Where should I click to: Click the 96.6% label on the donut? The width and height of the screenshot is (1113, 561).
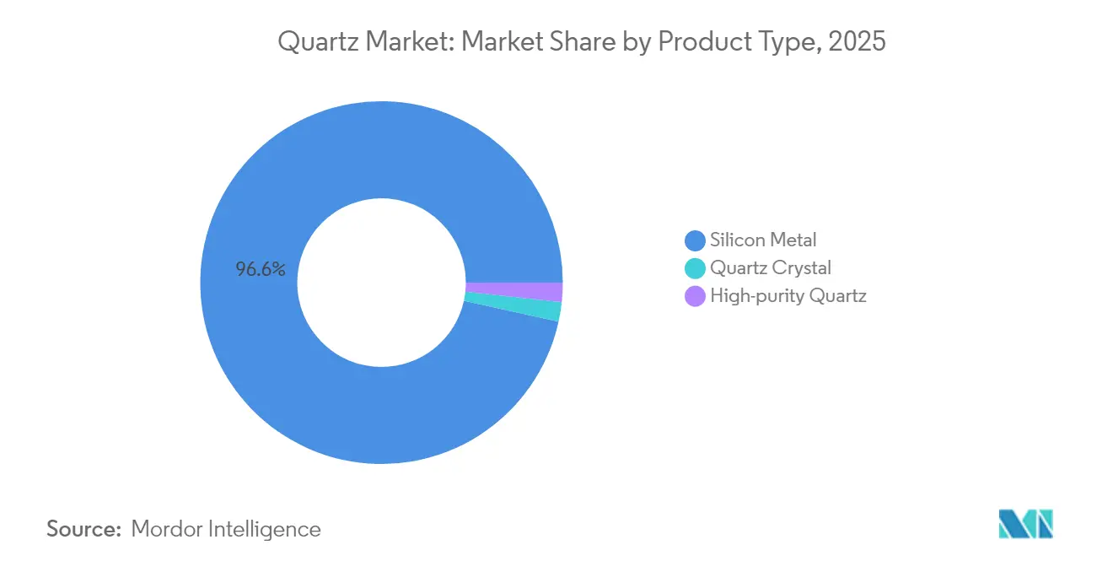tap(261, 270)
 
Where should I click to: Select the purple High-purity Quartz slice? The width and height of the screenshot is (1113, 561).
tap(513, 292)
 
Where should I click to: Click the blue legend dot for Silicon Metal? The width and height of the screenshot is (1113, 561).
tap(695, 240)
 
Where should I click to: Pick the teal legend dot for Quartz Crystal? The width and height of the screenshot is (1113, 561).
tap(695, 268)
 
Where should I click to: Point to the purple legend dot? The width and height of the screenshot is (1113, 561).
tap(695, 296)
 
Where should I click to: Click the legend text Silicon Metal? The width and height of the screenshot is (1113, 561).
tap(763, 240)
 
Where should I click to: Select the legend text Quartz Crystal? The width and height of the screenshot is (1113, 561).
tap(771, 268)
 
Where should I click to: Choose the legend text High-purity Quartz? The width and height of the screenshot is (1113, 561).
tap(788, 296)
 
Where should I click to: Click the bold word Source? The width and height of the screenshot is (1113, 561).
tap(84, 530)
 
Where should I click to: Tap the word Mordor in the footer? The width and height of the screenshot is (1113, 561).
tap(168, 530)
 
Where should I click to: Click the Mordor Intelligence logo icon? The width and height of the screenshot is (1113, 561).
tap(1025, 524)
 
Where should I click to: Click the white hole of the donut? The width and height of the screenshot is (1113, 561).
tap(381, 282)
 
